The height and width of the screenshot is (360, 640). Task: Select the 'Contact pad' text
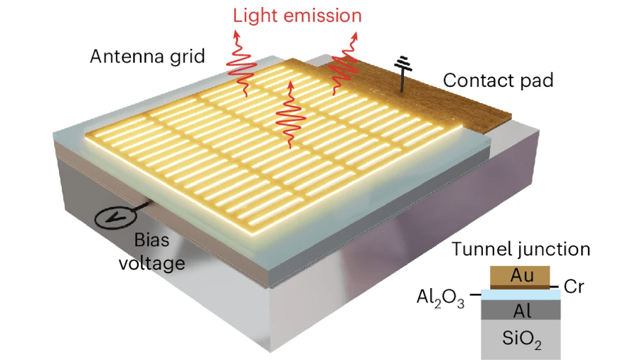point(498,80)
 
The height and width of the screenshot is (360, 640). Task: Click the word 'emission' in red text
point(329,15)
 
